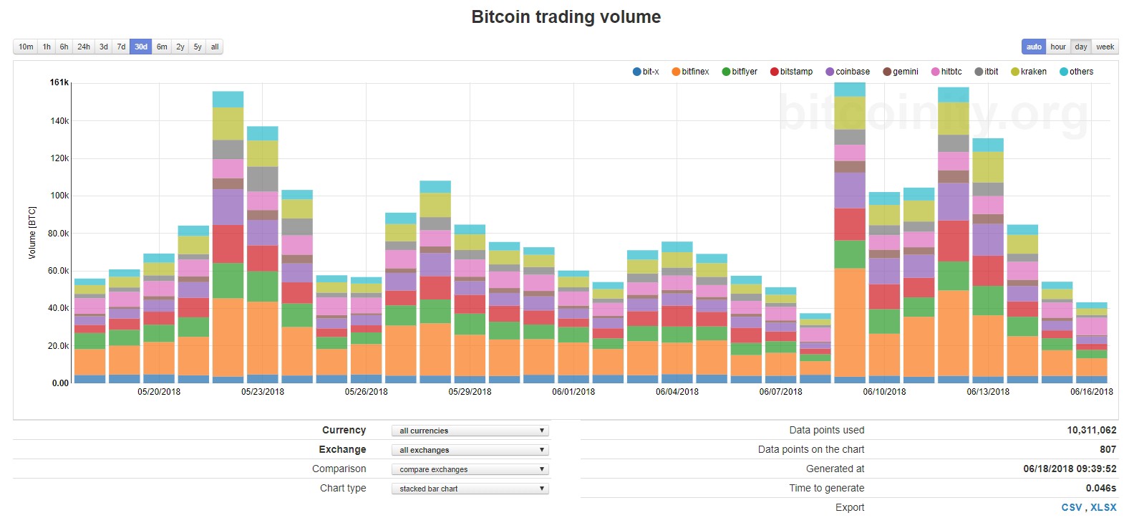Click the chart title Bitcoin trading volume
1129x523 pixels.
point(566,17)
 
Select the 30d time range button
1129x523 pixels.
point(141,47)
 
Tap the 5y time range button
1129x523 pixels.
point(198,47)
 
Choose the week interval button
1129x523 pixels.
point(1105,47)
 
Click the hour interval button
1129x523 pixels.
point(1057,47)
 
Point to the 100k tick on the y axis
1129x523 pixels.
point(59,196)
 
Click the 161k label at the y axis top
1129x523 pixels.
point(59,83)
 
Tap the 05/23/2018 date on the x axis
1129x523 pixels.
point(263,392)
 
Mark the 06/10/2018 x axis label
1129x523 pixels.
point(884,392)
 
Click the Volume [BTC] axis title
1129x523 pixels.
point(32,233)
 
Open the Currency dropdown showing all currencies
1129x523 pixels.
point(470,431)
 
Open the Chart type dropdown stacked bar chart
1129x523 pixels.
point(470,489)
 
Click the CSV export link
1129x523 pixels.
point(1071,507)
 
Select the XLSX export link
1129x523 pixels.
point(1103,507)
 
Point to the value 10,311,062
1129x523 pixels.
point(1091,430)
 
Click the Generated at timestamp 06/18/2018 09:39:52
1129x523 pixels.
point(1070,469)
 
